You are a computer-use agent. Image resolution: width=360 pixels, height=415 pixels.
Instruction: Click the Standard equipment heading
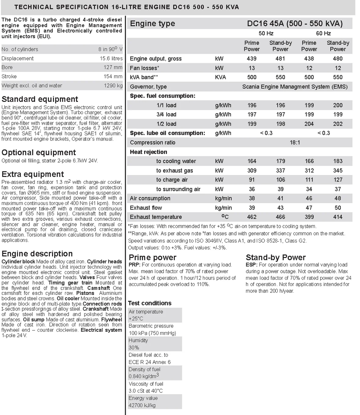(x=40, y=99)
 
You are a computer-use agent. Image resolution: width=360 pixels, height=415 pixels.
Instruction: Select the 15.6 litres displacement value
(x=111, y=58)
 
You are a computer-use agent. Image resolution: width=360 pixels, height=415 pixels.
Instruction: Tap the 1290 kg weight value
(x=113, y=86)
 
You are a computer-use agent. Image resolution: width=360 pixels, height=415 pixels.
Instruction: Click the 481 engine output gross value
(x=280, y=59)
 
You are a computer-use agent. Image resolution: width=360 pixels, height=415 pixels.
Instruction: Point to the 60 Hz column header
(x=323, y=33)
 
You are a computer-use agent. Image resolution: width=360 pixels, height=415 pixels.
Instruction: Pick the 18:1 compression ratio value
(x=295, y=142)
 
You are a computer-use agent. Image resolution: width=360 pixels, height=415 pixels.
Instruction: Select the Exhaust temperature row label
(x=156, y=217)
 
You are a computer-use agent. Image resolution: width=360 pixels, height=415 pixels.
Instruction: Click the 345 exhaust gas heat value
(x=337, y=170)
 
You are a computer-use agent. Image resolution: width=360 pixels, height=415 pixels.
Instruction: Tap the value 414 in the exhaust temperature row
(x=337, y=217)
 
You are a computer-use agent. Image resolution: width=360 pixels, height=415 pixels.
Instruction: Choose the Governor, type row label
(x=148, y=87)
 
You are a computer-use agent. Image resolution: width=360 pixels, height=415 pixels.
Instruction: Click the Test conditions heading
(x=149, y=303)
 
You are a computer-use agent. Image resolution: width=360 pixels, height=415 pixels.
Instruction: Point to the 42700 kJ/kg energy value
(x=142, y=405)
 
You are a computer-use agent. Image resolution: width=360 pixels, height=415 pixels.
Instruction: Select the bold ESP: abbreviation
(x=251, y=265)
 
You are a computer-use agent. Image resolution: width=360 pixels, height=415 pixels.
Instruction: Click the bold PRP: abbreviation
(x=135, y=265)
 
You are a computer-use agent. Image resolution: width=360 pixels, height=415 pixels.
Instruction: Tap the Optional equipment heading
(x=38, y=152)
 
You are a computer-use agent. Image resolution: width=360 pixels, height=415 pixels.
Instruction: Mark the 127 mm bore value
(x=113, y=67)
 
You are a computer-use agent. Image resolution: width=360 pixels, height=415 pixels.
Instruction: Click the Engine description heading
(x=37, y=254)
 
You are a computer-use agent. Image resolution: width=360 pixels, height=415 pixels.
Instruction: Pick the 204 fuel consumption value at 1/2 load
(x=309, y=124)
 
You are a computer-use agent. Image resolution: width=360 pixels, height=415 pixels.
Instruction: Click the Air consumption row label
(x=150, y=198)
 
